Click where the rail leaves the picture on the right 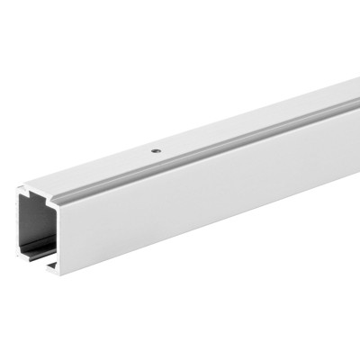[356, 135]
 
